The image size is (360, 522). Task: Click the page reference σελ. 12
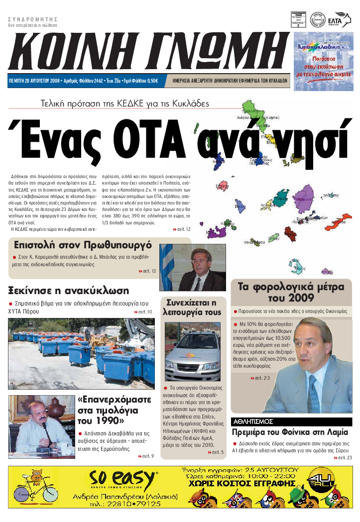pyautogui.click(x=182, y=229)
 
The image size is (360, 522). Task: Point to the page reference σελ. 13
pyautogui.click(x=147, y=271)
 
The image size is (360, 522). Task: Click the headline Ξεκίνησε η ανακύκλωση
pyautogui.click(x=69, y=291)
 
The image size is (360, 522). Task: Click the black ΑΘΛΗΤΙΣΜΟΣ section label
pyautogui.click(x=252, y=421)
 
